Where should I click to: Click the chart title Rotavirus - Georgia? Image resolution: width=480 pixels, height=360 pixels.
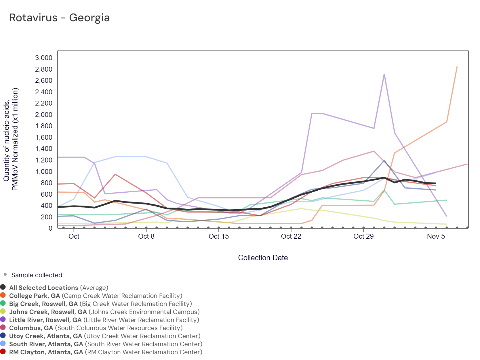click(x=59, y=18)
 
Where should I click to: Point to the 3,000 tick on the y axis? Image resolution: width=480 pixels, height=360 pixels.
click(x=44, y=58)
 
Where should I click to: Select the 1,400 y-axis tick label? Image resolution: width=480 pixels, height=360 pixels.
click(x=44, y=149)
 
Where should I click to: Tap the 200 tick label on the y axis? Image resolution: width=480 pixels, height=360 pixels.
click(x=47, y=217)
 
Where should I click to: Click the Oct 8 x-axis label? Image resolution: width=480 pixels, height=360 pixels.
click(x=146, y=236)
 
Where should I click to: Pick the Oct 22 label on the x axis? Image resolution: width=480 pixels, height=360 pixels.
click(x=291, y=236)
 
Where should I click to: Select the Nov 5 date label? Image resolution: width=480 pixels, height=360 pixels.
click(x=436, y=236)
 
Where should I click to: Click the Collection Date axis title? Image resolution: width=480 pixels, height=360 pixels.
click(x=263, y=258)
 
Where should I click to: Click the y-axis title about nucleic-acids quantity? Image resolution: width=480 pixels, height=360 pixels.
click(x=11, y=139)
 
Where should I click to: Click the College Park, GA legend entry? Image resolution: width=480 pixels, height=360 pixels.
click(x=96, y=296)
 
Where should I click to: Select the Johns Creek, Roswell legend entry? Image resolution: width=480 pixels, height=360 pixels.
click(x=104, y=312)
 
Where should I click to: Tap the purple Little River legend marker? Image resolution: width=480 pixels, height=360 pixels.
click(x=3, y=319)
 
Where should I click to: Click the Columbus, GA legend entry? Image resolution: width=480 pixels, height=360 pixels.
click(x=96, y=328)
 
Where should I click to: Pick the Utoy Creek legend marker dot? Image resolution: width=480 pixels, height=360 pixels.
click(x=3, y=335)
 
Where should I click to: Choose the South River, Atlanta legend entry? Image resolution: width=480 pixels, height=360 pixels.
click(x=106, y=344)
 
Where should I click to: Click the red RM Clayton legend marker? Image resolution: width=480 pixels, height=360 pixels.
click(x=3, y=351)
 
